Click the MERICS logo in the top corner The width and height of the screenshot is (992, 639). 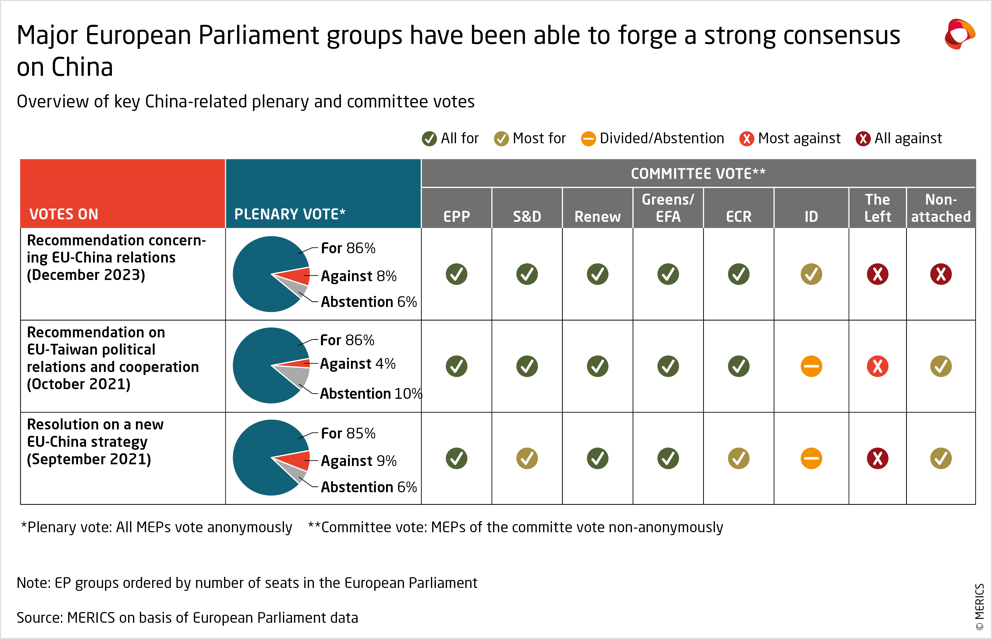tap(960, 34)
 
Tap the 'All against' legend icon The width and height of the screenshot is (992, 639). tap(863, 139)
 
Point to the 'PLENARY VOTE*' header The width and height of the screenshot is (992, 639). tap(290, 214)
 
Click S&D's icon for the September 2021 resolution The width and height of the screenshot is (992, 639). tap(527, 458)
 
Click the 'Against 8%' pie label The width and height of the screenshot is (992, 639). tap(359, 276)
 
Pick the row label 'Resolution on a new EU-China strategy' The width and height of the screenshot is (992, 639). tap(95, 441)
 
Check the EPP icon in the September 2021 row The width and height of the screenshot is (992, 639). tap(456, 458)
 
